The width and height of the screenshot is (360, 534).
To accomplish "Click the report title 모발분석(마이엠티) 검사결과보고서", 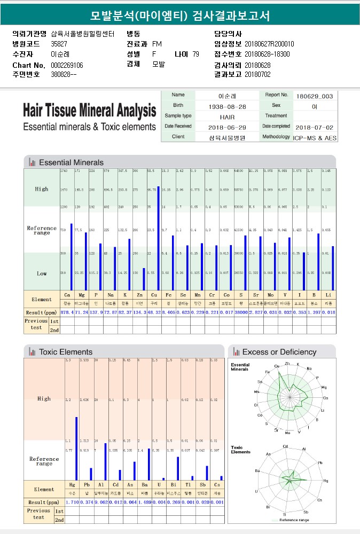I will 180,15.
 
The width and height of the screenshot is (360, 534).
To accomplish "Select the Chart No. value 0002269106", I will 67,65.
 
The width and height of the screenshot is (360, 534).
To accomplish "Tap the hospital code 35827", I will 59,44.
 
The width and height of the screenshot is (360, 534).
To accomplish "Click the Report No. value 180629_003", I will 314,96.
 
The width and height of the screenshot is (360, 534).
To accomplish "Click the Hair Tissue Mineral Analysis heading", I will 89,111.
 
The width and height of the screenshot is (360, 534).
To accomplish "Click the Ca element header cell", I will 67,295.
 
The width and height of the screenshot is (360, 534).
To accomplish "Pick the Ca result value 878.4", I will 67,312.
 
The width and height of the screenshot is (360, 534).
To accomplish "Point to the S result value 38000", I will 241,312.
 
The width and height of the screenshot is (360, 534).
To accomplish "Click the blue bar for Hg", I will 76,449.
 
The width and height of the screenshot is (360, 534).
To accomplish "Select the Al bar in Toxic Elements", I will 105,461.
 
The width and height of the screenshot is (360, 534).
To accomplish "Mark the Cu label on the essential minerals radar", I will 277,366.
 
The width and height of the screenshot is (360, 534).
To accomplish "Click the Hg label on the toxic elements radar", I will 326,481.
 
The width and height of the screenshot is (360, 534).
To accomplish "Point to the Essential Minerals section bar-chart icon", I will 33,162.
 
